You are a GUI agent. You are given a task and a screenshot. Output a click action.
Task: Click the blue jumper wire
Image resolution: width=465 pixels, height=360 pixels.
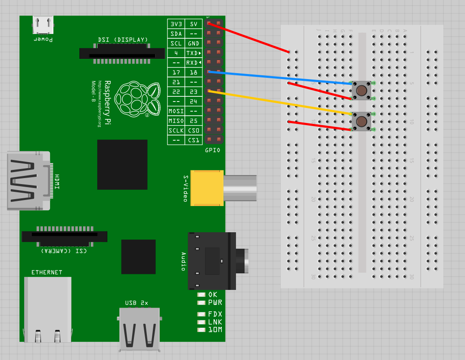pyautogui.click(x=280, y=77)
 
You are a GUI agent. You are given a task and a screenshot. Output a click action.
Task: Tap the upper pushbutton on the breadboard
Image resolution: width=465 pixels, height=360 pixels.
pyautogui.click(x=361, y=91)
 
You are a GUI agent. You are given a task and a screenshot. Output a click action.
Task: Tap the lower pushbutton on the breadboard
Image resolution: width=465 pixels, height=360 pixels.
pyautogui.click(x=361, y=122)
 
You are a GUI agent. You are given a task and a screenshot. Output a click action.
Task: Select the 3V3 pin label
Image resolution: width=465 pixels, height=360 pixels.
pyautogui.click(x=176, y=24)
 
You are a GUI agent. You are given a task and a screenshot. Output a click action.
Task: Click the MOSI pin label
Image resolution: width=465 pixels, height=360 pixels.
pyautogui.click(x=176, y=111)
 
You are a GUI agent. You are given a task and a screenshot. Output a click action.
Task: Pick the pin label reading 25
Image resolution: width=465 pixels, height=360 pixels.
pyautogui.click(x=194, y=121)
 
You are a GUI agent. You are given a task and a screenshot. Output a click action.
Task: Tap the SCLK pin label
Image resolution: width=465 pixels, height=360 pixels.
pyautogui.click(x=176, y=130)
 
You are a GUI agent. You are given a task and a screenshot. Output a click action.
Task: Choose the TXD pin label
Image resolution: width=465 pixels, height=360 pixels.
pyautogui.click(x=194, y=53)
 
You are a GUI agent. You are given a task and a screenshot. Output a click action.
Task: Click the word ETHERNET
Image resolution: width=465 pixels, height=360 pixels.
pyautogui.click(x=46, y=272)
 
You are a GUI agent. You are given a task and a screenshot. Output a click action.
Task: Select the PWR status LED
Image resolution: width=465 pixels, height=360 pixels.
pyautogui.click(x=201, y=302)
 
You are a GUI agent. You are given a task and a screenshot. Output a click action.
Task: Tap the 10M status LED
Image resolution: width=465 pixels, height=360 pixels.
pyautogui.click(x=201, y=330)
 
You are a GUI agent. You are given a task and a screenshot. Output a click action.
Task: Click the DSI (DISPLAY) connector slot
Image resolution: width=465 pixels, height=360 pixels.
pyautogui.click(x=122, y=54)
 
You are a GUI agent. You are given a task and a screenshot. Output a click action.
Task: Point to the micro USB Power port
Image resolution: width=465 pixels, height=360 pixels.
pyautogui.click(x=43, y=26)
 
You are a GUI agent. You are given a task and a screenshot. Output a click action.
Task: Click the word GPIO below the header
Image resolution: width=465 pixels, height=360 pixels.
pyautogui.click(x=213, y=150)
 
